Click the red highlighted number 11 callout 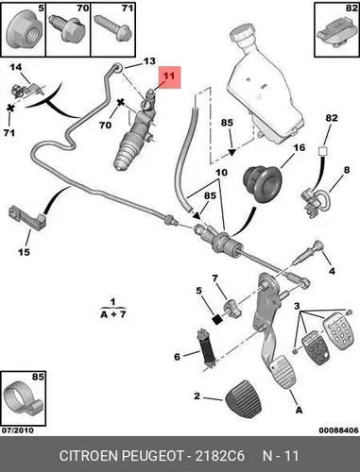tap(169, 77)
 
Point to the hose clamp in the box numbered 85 tap(22, 399)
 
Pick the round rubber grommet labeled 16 tap(260, 184)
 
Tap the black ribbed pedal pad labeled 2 tap(244, 398)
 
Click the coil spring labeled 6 tap(206, 347)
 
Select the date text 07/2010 tap(18, 430)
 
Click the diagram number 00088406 tap(338, 430)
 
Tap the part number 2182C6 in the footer tap(220, 456)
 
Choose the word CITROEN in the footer tap(89, 456)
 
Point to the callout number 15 tap(24, 252)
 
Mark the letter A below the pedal tap(299, 410)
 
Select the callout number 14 tap(16, 67)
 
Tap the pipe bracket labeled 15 tap(27, 217)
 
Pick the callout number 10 tap(221, 173)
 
